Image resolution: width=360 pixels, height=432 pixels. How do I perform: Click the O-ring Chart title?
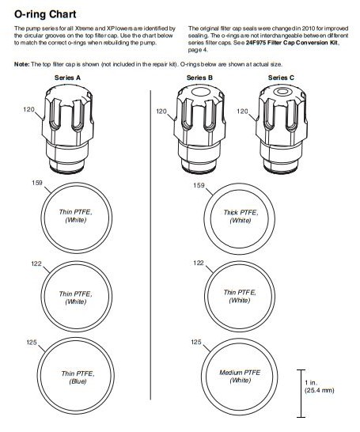pyautogui.click(x=45, y=14)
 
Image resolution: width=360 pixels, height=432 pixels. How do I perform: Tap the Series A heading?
pyautogui.click(x=67, y=78)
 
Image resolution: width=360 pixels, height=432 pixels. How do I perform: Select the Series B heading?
pyautogui.click(x=199, y=78)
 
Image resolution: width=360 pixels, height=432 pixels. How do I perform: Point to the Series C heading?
pyautogui.click(x=281, y=78)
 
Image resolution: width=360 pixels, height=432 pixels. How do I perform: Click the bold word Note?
pyautogui.click(x=21, y=64)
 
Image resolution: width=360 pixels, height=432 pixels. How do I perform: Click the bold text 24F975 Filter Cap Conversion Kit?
pyautogui.click(x=292, y=43)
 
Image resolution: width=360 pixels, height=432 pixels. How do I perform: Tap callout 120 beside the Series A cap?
pyautogui.click(x=28, y=109)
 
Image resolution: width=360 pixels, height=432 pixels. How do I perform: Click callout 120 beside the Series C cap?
pyautogui.click(x=242, y=111)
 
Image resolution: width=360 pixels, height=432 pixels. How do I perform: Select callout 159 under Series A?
pyautogui.click(x=37, y=183)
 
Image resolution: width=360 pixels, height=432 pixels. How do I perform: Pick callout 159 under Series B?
pyautogui.click(x=199, y=185)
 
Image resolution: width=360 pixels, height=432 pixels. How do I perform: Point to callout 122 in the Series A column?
pyautogui.click(x=36, y=263)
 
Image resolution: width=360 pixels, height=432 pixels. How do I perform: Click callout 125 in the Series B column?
pyautogui.click(x=196, y=342)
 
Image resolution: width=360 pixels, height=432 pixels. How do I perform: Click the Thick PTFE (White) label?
pyautogui.click(x=241, y=217)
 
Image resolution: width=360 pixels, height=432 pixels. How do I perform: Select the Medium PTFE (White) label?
pyautogui.click(x=240, y=377)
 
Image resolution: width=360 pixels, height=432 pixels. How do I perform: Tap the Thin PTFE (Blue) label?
pyautogui.click(x=78, y=377)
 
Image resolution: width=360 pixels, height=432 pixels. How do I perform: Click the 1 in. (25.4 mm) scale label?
pyautogui.click(x=319, y=387)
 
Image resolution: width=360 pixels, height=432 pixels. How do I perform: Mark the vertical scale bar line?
pyautogui.click(x=301, y=393)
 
